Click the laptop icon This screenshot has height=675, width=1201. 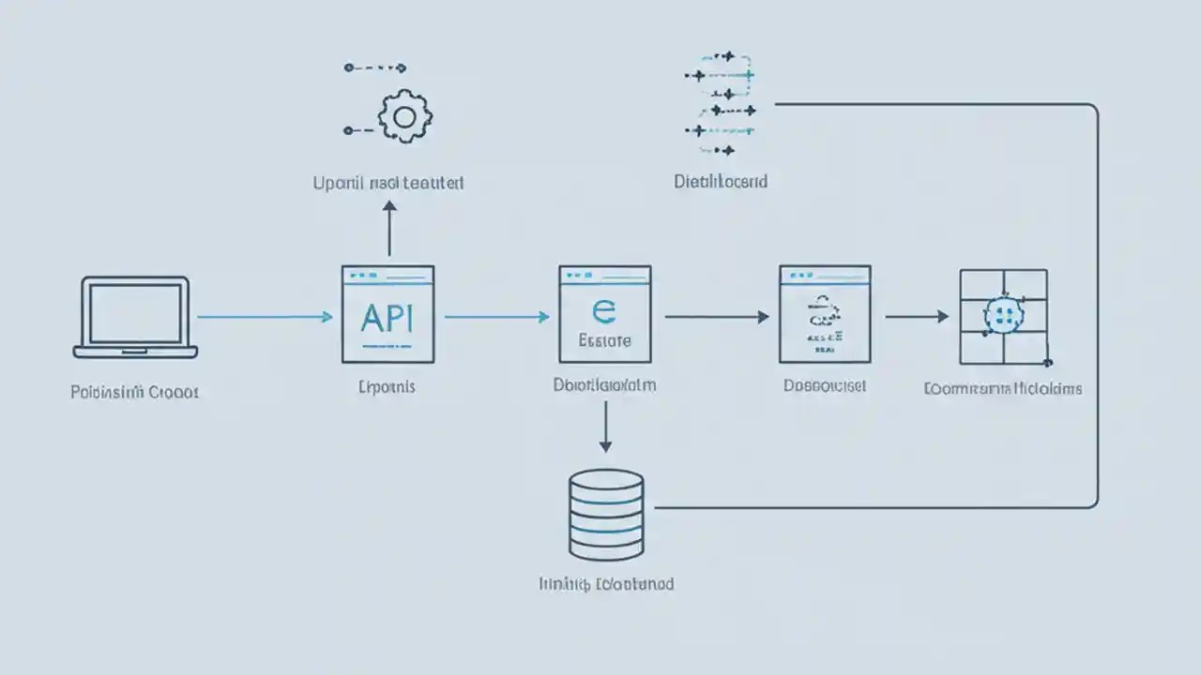click(136, 317)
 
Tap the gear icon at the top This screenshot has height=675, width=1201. click(404, 117)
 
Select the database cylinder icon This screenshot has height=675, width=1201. click(606, 515)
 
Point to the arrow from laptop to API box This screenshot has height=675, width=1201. click(265, 317)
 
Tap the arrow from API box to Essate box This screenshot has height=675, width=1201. click(495, 317)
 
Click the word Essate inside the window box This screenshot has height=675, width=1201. click(605, 341)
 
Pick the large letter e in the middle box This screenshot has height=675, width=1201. click(602, 309)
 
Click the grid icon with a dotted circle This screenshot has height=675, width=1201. click(1003, 317)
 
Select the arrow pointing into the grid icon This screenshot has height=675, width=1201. click(917, 317)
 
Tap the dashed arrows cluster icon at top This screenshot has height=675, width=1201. click(722, 103)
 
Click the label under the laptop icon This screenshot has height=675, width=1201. click(135, 392)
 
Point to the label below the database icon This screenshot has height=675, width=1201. click(606, 583)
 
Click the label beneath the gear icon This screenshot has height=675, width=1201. click(388, 183)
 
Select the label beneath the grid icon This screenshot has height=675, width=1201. click(1003, 388)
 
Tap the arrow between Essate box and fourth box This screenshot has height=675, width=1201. click(716, 317)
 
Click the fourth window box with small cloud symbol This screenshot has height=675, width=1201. click(825, 314)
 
